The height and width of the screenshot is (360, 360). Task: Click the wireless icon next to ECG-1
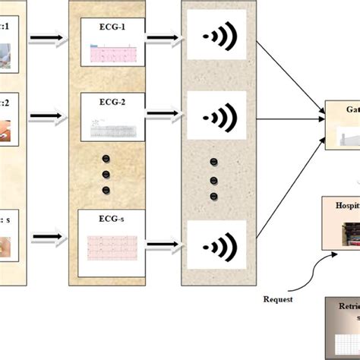(x=215, y=36)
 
